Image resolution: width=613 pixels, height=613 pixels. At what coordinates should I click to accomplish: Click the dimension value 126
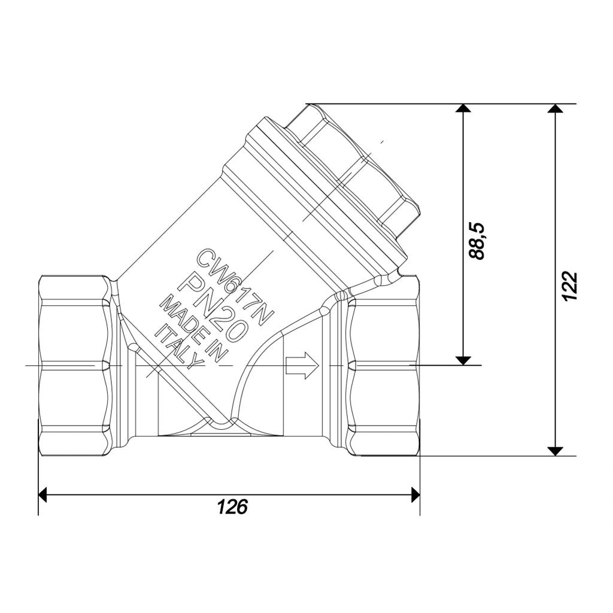(x=232, y=506)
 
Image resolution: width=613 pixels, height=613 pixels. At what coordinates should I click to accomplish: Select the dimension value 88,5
(x=477, y=241)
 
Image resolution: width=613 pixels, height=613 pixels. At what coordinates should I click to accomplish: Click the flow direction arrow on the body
(x=302, y=365)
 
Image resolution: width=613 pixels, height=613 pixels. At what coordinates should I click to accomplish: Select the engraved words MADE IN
(x=193, y=329)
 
